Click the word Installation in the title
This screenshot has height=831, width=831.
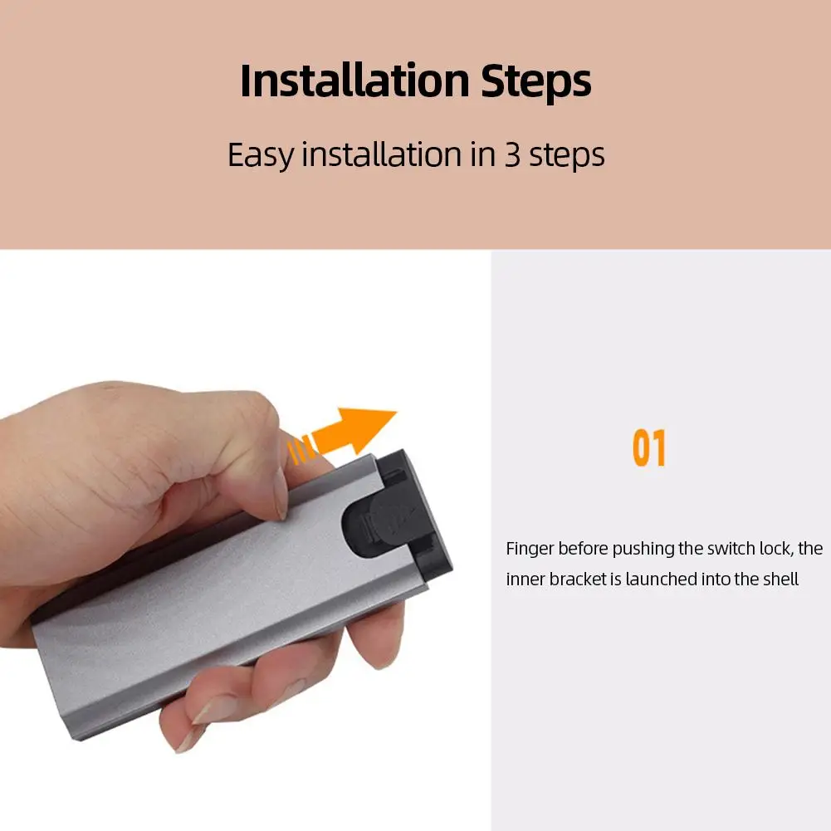pyautogui.click(x=354, y=81)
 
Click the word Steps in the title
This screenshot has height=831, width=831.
pyautogui.click(x=535, y=82)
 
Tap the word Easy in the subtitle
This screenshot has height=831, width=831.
pyautogui.click(x=260, y=155)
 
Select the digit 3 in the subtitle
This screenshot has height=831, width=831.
pyautogui.click(x=512, y=155)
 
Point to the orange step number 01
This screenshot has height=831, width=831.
pyautogui.click(x=649, y=447)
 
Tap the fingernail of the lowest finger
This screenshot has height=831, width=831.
pyautogui.click(x=190, y=740)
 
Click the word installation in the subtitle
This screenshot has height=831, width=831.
pyautogui.click(x=382, y=154)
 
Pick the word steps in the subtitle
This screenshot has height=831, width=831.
pyautogui.click(x=566, y=156)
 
